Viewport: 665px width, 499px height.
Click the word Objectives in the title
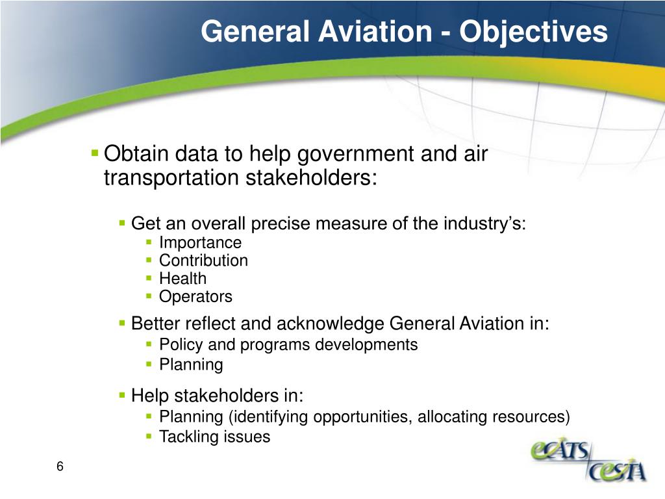click(534, 31)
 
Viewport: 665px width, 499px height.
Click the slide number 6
click(60, 467)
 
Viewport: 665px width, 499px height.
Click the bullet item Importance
click(200, 243)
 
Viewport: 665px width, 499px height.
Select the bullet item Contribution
click(203, 261)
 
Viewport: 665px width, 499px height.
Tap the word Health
click(182, 279)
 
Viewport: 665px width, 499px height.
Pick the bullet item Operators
click(195, 297)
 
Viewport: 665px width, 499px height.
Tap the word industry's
click(483, 224)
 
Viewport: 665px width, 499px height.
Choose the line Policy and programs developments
click(288, 344)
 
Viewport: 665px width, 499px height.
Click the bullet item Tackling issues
click(214, 437)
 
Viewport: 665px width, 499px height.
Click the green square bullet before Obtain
click(95, 154)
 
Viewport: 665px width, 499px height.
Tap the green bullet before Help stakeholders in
click(122, 395)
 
